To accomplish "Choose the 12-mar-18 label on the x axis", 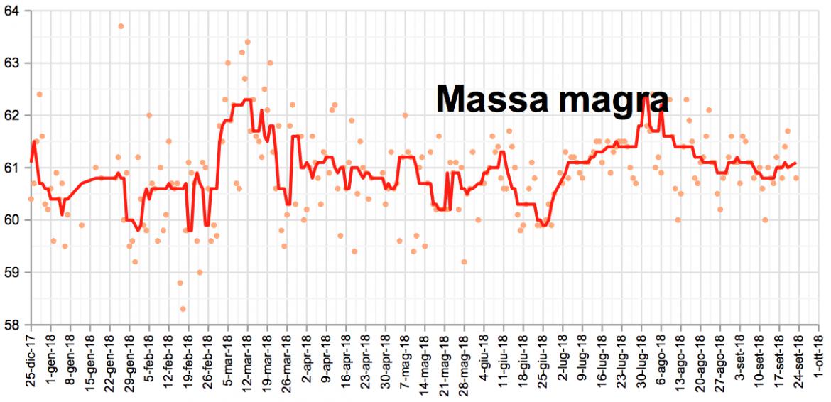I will tap(249, 362).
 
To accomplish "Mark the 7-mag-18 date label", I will tap(405, 362).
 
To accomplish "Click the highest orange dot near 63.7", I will tap(121, 26).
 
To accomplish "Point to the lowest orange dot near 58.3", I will tap(183, 309).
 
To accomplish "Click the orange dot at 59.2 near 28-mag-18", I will tap(464, 262).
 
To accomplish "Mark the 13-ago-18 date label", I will tap(680, 362).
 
